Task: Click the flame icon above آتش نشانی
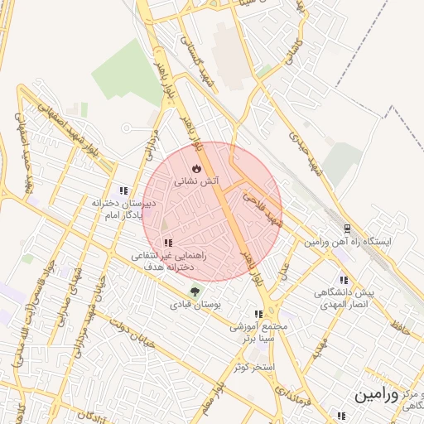point(196,166)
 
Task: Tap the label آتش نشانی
point(196,180)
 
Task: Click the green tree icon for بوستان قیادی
point(195,291)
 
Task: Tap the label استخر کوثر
point(253,365)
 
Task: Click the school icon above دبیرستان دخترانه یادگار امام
point(123,190)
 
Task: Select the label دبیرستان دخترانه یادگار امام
point(124,210)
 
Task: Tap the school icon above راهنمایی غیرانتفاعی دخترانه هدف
point(168,243)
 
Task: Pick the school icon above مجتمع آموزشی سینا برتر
point(258,315)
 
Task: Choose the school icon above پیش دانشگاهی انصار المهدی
point(343,280)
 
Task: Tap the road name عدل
point(282,269)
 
